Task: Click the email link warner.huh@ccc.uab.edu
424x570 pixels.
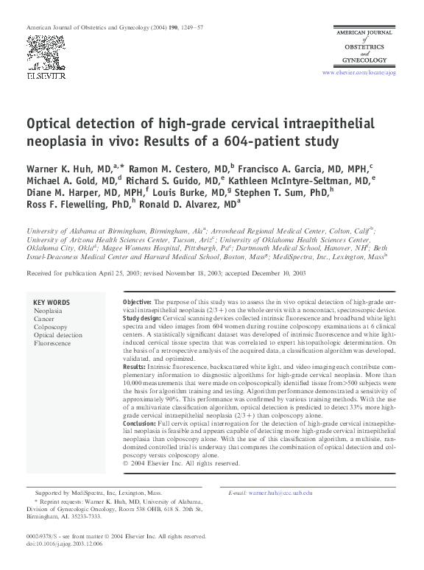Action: tap(280, 491)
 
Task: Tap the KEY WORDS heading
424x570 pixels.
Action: tap(52, 303)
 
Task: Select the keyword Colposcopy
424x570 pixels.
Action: tap(51, 327)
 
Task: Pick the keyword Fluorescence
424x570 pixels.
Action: tap(52, 343)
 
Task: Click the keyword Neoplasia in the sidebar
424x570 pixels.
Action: tap(49, 312)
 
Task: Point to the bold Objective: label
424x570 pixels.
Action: tap(137, 303)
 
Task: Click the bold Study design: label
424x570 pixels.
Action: tap(144, 320)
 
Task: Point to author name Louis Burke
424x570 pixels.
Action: tap(182, 193)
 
